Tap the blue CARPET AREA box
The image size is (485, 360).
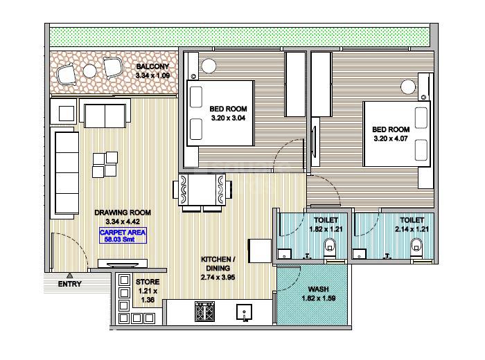123,236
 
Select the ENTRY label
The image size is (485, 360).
69,284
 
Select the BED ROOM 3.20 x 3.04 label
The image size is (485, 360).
228,114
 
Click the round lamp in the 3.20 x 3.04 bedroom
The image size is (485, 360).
209,66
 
